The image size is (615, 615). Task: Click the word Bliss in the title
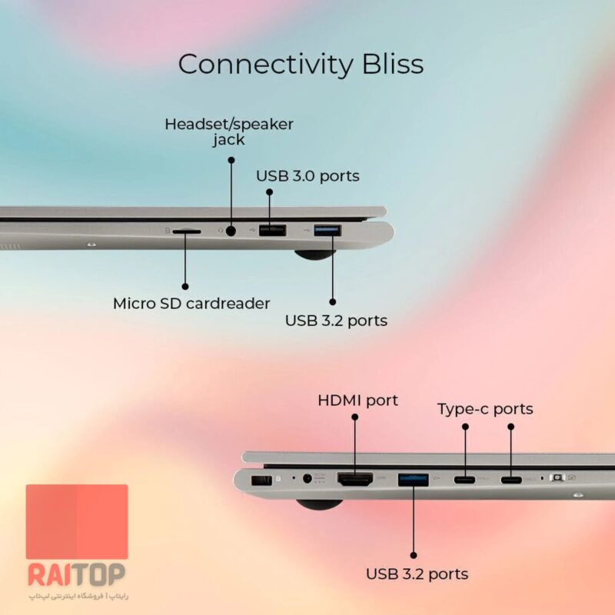393,64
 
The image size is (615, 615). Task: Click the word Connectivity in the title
265,64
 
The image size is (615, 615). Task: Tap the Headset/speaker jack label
229,131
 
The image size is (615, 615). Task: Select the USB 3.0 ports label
308,176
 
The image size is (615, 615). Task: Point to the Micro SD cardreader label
191,304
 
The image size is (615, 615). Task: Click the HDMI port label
357,401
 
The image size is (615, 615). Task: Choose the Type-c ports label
485,409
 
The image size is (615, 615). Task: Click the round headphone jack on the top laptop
231,231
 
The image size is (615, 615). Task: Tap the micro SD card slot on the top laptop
187,232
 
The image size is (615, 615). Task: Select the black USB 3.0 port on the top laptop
272,230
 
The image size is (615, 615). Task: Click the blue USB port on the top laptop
327,230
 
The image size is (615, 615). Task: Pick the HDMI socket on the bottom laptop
355,479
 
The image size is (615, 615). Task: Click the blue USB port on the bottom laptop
413,480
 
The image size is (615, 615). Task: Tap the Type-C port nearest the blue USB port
464,479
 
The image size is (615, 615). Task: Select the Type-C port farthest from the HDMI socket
511,479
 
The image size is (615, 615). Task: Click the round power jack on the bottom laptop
307,478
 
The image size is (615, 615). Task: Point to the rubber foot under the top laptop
315,255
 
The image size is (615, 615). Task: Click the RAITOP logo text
76,574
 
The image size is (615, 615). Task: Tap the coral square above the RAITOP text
77,522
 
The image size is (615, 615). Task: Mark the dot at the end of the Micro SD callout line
185,287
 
